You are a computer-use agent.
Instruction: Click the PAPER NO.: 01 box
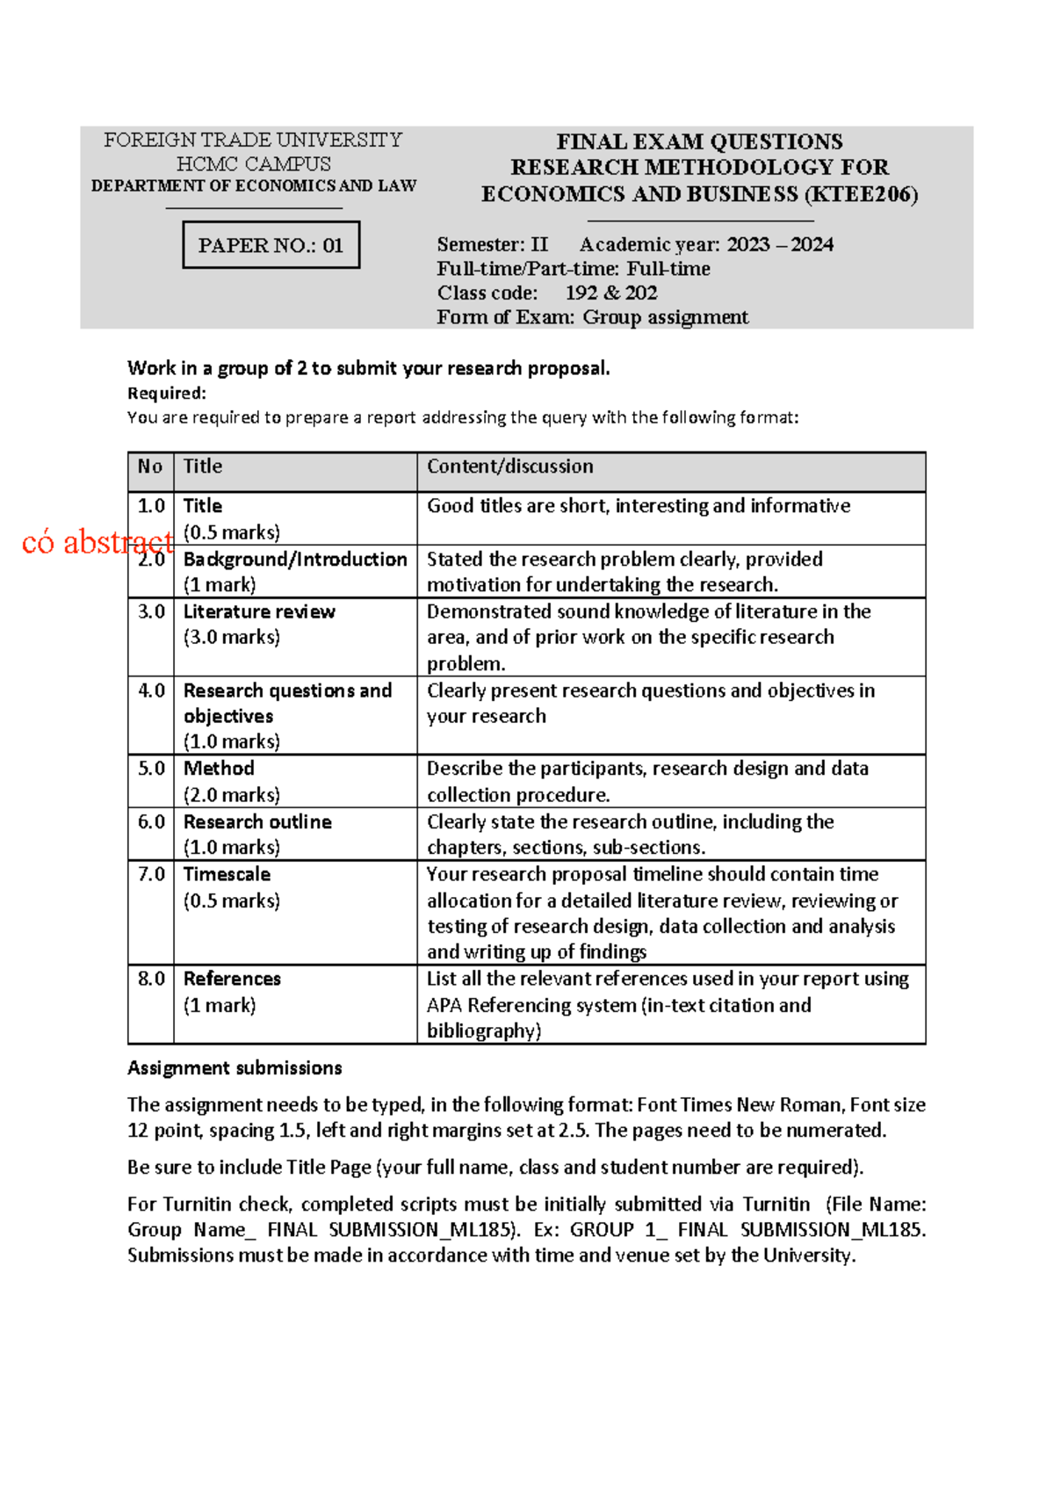(271, 245)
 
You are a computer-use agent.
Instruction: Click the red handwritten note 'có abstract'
(97, 542)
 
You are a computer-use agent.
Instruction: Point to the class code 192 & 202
(611, 293)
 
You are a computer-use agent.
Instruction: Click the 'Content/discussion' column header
(510, 467)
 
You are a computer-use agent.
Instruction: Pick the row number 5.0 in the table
(151, 769)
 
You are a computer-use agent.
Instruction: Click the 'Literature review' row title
(259, 611)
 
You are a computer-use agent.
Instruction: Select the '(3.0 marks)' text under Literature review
(232, 637)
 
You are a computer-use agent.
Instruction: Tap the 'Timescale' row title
(227, 874)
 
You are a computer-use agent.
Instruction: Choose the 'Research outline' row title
(257, 821)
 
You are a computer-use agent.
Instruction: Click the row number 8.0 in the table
(151, 979)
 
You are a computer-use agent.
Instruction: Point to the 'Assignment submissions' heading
(235, 1067)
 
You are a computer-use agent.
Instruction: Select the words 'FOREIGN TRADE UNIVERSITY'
(253, 140)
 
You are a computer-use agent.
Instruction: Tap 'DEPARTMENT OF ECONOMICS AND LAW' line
(254, 185)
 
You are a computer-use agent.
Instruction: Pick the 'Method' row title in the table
(219, 769)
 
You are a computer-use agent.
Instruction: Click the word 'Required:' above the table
(167, 393)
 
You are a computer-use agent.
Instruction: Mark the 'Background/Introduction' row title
(295, 559)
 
